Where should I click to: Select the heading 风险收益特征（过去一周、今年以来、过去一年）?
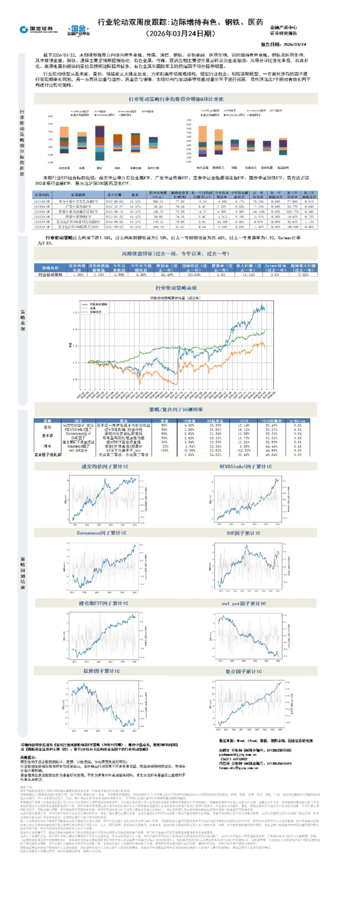tap(175, 254)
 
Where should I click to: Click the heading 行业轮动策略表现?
tap(176, 288)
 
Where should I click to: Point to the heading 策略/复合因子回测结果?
tap(176, 410)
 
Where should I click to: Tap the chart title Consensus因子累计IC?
tap(102, 533)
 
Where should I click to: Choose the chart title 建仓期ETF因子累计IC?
tap(103, 603)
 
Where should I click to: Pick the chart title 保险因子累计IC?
tap(102, 671)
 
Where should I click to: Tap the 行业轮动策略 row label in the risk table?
tap(50, 275)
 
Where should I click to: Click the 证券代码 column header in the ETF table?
tap(42, 194)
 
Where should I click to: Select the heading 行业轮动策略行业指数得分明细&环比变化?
tap(176, 99)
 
